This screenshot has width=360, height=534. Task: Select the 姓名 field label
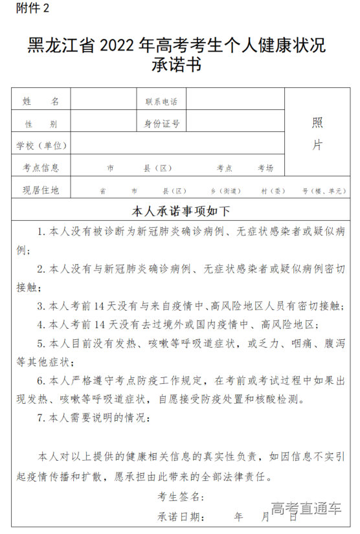(41, 102)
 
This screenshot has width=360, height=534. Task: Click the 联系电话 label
(161, 102)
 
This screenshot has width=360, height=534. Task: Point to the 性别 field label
(41, 124)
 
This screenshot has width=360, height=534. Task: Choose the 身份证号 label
(161, 124)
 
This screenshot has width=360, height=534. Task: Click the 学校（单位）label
(41, 146)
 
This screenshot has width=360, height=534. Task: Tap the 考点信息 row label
(41, 168)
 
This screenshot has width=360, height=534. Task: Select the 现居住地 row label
(41, 190)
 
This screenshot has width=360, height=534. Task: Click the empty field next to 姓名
(104, 101)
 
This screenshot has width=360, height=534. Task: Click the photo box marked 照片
(317, 133)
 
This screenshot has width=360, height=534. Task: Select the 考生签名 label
(181, 497)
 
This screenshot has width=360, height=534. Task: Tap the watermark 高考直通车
(306, 509)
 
